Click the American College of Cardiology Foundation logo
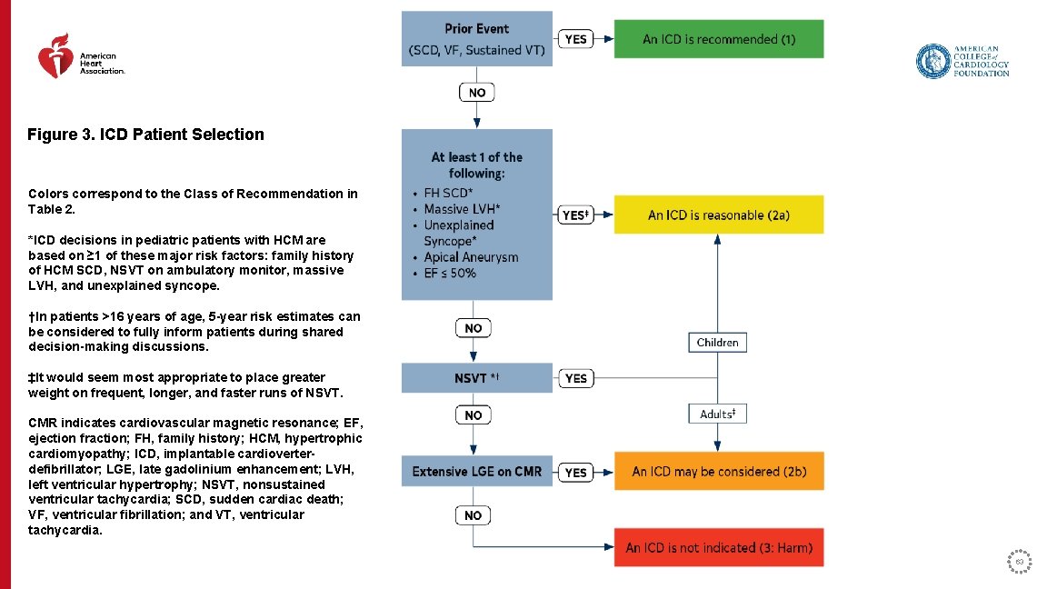coord(962,61)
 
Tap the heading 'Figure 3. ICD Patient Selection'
coord(145,135)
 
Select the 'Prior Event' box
coord(477,39)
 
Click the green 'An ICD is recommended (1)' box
coord(718,39)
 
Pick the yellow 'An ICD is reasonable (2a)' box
coord(718,215)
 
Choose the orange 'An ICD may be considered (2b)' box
coord(718,472)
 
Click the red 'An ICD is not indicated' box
coord(718,548)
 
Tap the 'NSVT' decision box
coord(477,378)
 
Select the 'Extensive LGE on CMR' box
coord(477,472)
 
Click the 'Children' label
coord(717,343)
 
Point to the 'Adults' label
coord(717,414)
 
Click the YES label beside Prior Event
coord(575,39)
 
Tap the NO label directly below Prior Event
coord(476,93)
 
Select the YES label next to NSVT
coord(575,378)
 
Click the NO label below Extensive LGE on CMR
coord(473,515)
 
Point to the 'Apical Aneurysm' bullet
coord(471,257)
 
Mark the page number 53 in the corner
coord(1020,562)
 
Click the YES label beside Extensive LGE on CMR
coord(575,473)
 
